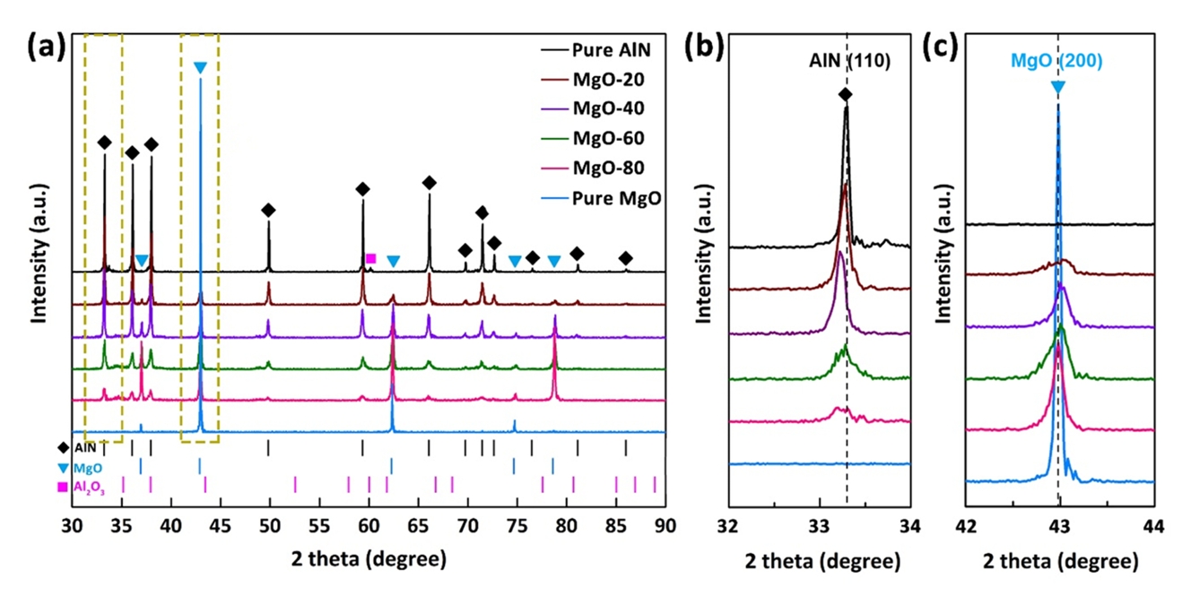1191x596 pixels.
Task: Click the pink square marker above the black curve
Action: (370, 258)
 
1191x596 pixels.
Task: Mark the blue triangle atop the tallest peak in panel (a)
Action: (200, 67)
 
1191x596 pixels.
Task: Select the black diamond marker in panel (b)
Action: (845, 94)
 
